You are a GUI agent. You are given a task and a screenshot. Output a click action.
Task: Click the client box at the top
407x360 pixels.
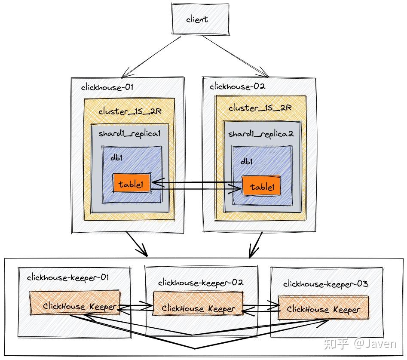(197, 19)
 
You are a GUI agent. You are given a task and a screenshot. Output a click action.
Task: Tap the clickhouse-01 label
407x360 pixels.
(107, 87)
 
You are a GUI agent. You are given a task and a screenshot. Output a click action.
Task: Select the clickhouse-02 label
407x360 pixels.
(237, 86)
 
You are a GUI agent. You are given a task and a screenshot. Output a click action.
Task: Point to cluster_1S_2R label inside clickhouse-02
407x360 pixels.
(260, 108)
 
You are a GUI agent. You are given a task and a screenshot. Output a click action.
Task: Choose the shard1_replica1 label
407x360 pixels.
(129, 133)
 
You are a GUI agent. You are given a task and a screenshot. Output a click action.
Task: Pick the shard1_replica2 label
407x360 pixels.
(260, 134)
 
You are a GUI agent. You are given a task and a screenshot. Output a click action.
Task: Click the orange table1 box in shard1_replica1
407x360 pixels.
(131, 185)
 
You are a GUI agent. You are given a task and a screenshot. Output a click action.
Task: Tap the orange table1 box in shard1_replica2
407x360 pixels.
(261, 186)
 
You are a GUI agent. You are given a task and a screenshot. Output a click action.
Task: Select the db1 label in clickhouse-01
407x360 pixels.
(116, 157)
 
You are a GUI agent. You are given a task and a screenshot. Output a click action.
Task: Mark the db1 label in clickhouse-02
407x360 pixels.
(246, 161)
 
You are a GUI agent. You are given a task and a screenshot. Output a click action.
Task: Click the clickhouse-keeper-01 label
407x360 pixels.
(67, 277)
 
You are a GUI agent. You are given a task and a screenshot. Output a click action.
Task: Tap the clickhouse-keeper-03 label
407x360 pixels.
(325, 284)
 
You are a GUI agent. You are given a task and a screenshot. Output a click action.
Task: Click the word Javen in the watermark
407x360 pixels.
(382, 344)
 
